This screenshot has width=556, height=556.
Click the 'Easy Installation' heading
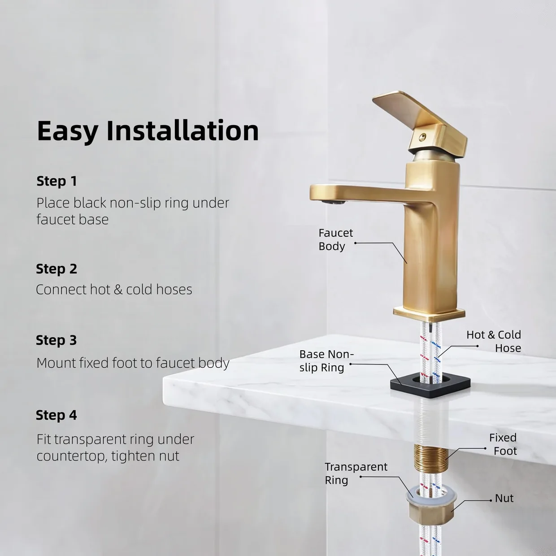coord(148,131)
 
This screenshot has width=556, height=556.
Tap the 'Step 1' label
coord(57,181)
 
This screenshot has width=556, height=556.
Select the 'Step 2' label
coord(56,269)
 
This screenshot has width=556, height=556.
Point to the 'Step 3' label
coord(56,340)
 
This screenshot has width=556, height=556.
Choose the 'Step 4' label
coord(56,415)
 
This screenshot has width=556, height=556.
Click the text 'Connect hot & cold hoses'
coord(114,289)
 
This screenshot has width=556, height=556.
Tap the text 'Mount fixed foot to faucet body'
coord(133,363)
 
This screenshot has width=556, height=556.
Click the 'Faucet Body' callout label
coord(335,239)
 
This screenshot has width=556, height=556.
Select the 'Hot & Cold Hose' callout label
coord(494,341)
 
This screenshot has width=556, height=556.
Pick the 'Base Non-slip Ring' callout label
coord(326,361)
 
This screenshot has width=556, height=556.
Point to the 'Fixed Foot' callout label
coord(503,444)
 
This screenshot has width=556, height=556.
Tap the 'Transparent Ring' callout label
coord(356,473)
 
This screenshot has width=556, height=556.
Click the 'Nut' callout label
coord(504,498)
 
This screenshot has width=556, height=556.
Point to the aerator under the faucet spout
coord(334,202)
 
